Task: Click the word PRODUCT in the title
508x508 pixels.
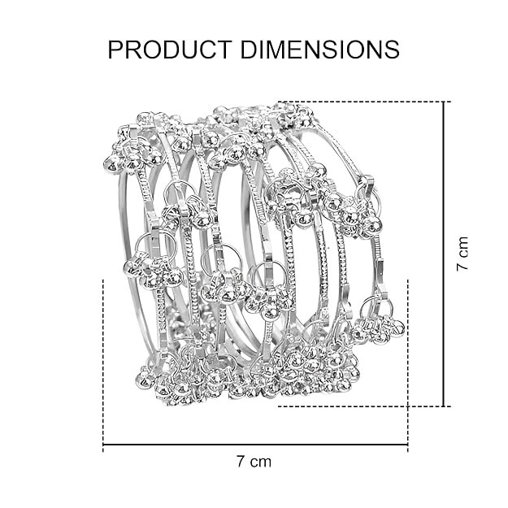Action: click(169, 50)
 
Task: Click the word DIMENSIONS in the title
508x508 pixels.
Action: click(320, 50)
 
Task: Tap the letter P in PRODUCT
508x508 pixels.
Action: click(115, 50)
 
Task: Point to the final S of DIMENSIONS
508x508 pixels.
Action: click(392, 50)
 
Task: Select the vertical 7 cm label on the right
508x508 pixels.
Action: click(462, 254)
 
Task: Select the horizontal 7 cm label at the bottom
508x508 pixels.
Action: click(254, 462)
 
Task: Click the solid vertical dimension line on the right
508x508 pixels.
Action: click(444, 254)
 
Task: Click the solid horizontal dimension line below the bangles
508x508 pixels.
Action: click(255, 445)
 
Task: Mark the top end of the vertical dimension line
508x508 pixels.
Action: click(444, 102)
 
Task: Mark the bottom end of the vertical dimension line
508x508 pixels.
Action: click(444, 406)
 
